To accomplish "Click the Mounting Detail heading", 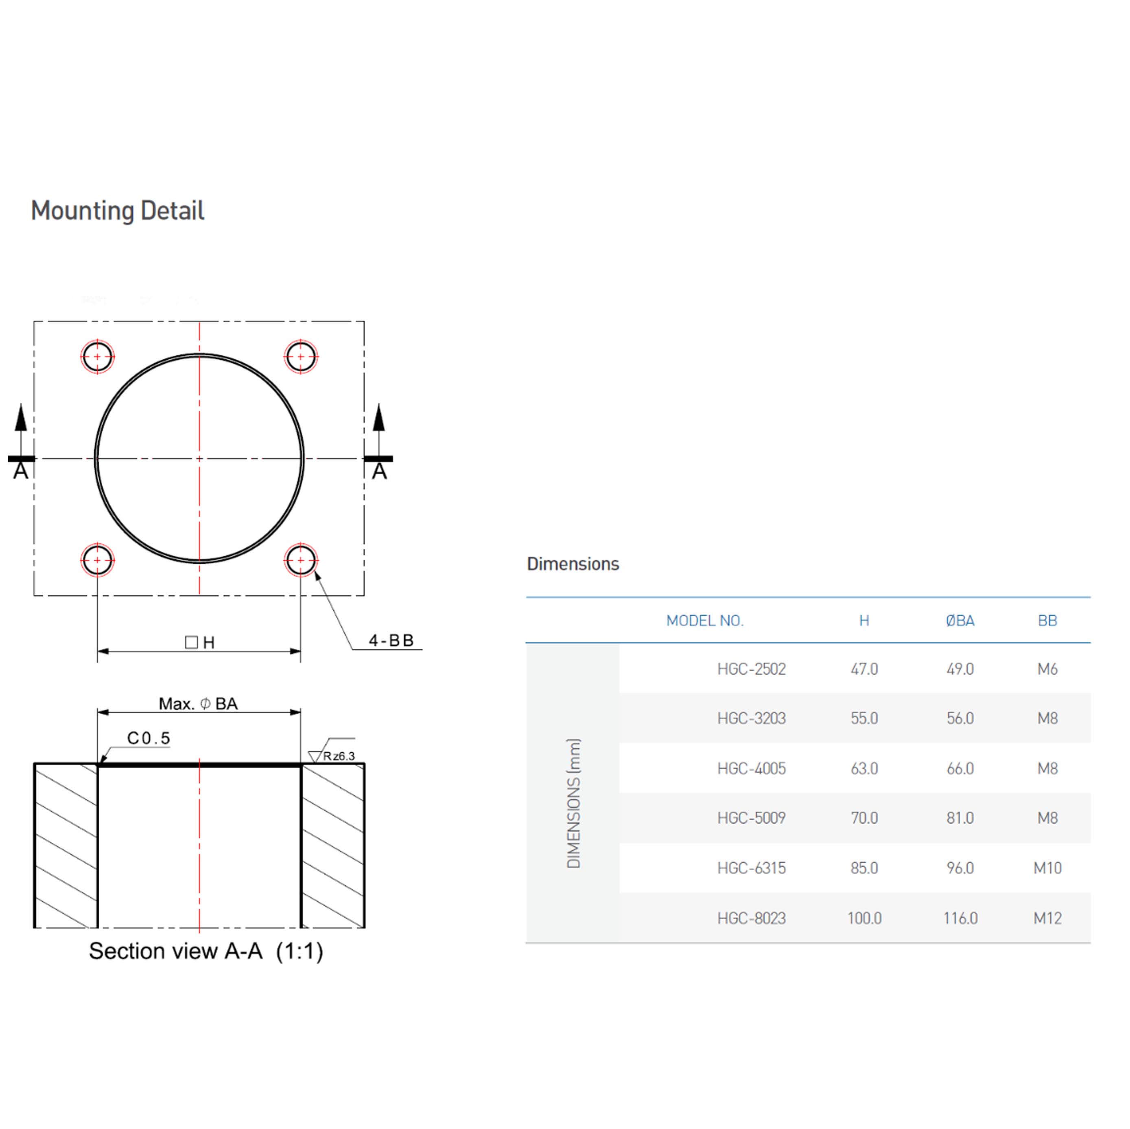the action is pyautogui.click(x=118, y=211).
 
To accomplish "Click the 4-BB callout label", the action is pyautogui.click(x=391, y=641).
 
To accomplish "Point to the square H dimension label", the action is pyautogui.click(x=200, y=643).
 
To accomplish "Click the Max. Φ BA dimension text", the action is pyautogui.click(x=198, y=704).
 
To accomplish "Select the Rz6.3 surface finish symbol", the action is pyautogui.click(x=332, y=752).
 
